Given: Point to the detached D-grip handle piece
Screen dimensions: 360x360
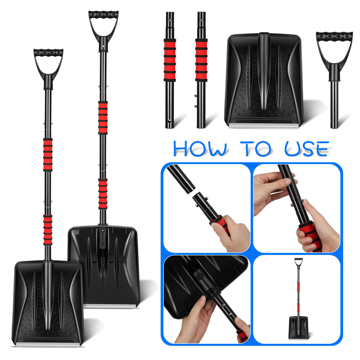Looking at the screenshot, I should point(334,54).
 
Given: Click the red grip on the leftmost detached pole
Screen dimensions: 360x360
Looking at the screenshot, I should point(170,59).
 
